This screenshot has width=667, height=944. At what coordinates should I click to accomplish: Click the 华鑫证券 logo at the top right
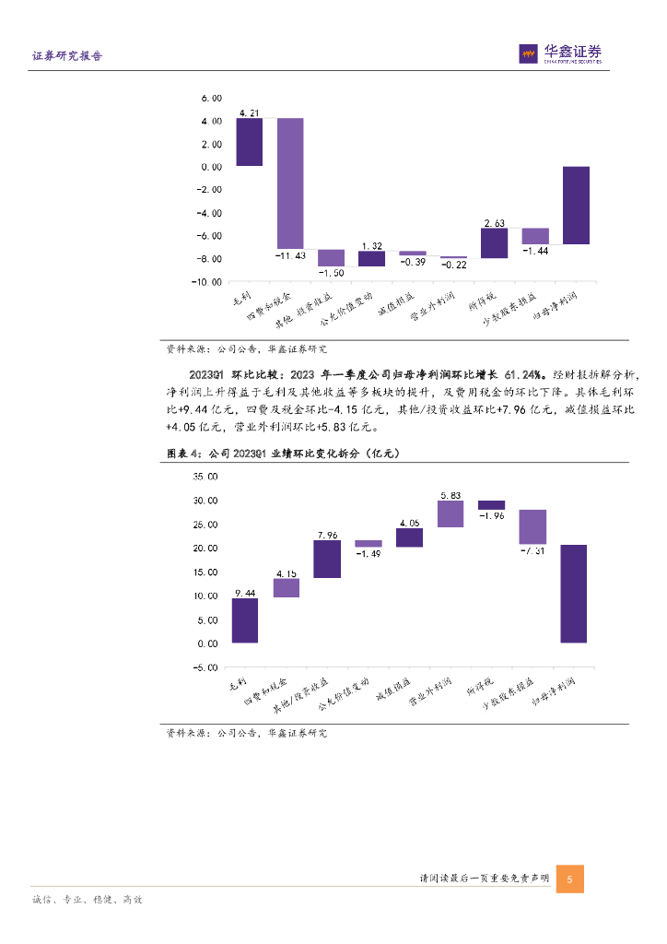click(x=561, y=53)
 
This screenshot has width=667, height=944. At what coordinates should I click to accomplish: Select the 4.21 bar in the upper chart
click(x=249, y=142)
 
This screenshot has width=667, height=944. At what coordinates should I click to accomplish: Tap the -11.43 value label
click(x=290, y=254)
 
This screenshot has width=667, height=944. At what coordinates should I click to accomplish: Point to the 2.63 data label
click(x=494, y=222)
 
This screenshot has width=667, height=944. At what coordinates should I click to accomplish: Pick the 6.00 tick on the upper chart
click(x=211, y=98)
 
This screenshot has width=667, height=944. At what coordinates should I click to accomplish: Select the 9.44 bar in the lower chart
click(x=244, y=620)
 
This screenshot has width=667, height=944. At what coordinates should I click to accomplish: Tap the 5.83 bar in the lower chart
click(x=451, y=514)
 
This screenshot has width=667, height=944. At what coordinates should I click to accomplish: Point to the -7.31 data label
click(x=532, y=550)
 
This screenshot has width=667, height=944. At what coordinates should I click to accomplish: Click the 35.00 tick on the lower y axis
click(x=205, y=477)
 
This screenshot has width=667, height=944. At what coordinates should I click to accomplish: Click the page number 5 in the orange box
click(x=570, y=879)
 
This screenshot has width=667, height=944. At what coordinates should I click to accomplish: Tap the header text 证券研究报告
click(x=67, y=56)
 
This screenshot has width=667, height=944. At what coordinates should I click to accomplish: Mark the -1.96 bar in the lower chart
click(x=491, y=505)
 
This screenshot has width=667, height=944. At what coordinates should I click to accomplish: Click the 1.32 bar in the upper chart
click(x=371, y=258)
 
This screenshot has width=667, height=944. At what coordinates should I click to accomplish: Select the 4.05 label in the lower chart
click(x=409, y=523)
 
